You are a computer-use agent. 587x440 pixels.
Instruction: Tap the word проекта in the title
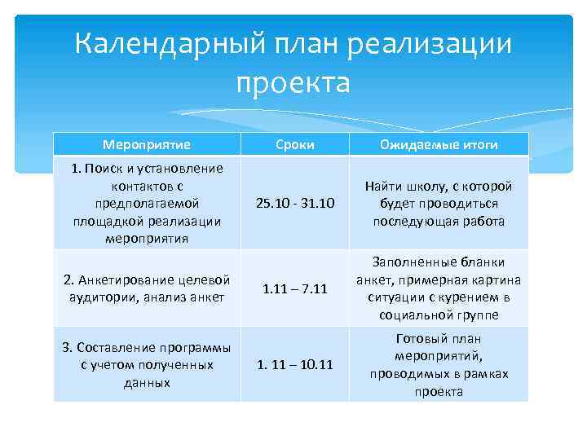tap(293, 82)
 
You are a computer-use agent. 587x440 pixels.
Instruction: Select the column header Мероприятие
tap(147, 145)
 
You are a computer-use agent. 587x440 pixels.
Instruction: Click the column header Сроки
tap(294, 145)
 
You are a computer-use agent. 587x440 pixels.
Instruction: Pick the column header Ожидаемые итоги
tap(439, 145)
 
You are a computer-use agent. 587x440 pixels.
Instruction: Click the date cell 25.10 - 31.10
tap(294, 204)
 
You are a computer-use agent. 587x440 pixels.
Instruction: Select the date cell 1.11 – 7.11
tap(294, 288)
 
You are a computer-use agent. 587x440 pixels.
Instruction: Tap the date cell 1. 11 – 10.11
tap(294, 365)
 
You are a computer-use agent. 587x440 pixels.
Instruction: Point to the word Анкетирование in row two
tap(121, 280)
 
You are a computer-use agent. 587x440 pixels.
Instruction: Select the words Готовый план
tap(439, 338)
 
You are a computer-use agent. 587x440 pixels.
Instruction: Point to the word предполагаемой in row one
tap(147, 204)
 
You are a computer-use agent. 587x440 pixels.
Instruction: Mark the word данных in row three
tap(147, 383)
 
